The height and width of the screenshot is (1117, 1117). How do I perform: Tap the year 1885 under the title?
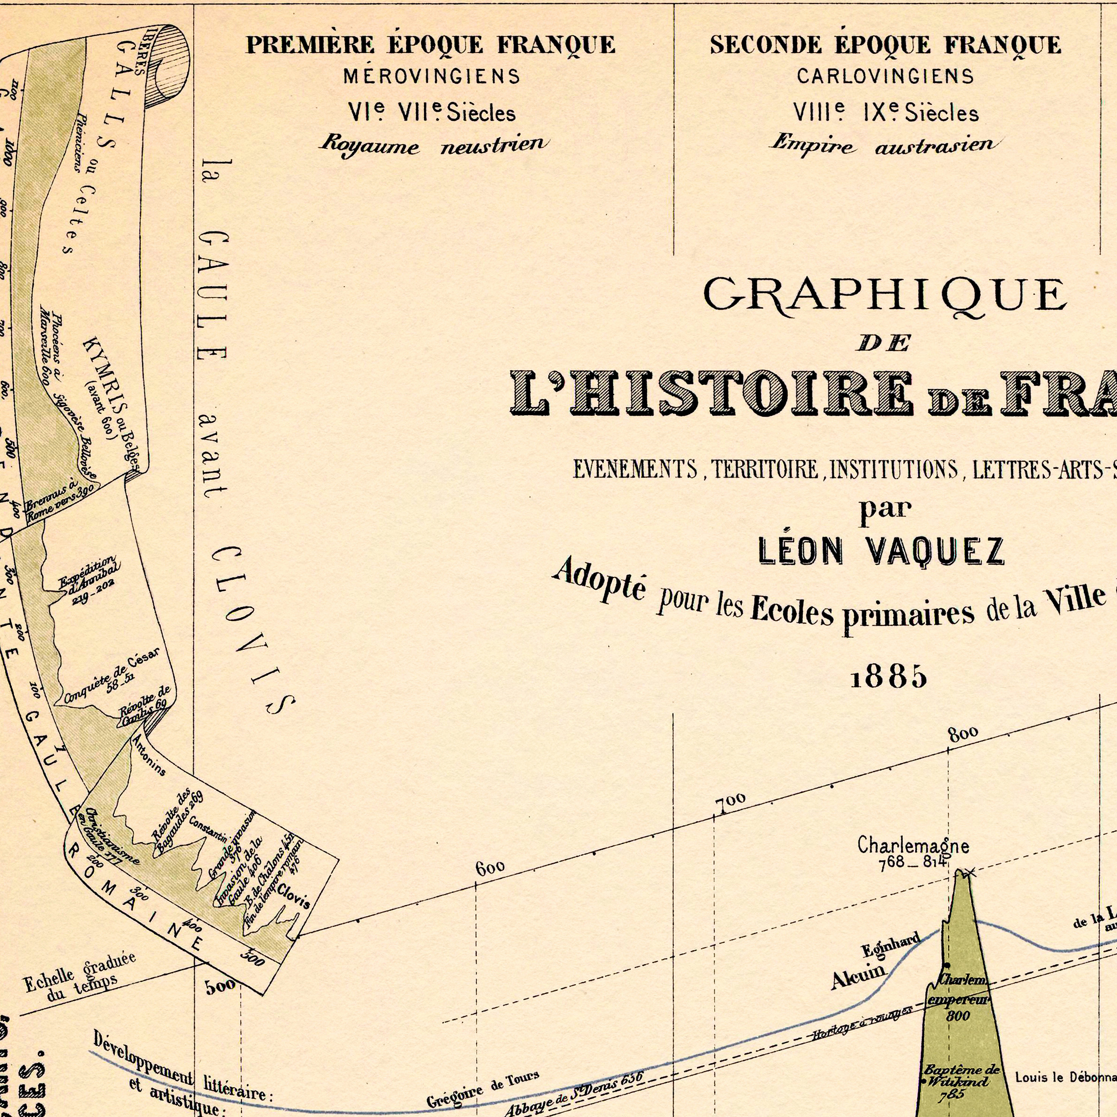click(x=889, y=676)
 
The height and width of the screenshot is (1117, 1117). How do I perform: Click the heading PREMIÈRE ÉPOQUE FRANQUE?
click(x=431, y=45)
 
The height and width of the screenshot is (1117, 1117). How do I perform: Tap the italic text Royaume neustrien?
click(x=434, y=144)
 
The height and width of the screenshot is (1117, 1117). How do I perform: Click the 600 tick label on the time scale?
click(x=490, y=867)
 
